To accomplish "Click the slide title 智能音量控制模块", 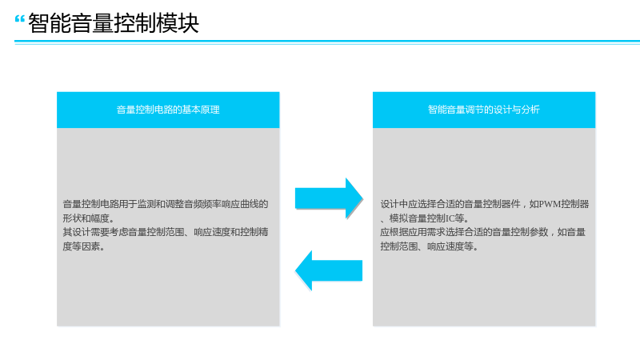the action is (x=114, y=23).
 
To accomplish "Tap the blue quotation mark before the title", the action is (x=19, y=19).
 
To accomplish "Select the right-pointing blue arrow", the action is (x=329, y=198).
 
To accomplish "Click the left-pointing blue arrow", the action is (x=329, y=270).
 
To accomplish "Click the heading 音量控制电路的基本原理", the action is (x=168, y=110).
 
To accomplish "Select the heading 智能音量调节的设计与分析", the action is (x=484, y=110).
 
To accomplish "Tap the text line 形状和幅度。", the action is (x=89, y=218).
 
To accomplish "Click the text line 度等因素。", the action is (x=84, y=246).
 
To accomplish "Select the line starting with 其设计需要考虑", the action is (x=166, y=232).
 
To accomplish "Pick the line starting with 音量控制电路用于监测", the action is (x=166, y=204).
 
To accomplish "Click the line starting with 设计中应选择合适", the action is (x=485, y=204).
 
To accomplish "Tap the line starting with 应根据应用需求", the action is (x=483, y=232).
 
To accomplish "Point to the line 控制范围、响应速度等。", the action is (x=429, y=246).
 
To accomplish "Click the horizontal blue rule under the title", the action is (x=327, y=42).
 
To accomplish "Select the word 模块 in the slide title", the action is (x=178, y=23).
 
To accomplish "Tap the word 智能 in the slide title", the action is (x=49, y=23).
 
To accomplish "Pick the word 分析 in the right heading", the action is (x=530, y=110).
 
